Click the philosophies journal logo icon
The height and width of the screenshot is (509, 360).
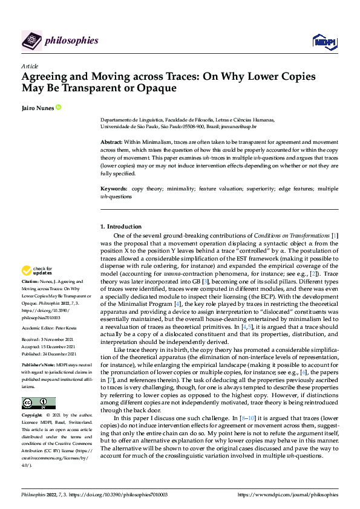pyautogui.click(x=31, y=41)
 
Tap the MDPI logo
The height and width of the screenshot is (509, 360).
pyautogui.click(x=324, y=41)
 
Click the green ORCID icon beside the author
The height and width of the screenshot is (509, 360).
pyautogui.click(x=59, y=107)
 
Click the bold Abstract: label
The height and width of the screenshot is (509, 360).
pyautogui.click(x=111, y=141)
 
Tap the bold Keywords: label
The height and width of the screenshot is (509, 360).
pyautogui.click(x=113, y=189)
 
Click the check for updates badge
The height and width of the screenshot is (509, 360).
pyautogui.click(x=38, y=270)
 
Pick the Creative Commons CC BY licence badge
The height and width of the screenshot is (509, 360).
pyautogui.click(x=38, y=403)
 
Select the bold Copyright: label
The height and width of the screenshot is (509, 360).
pyautogui.click(x=33, y=416)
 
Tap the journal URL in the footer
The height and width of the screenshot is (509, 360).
pyautogui.click(x=289, y=494)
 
